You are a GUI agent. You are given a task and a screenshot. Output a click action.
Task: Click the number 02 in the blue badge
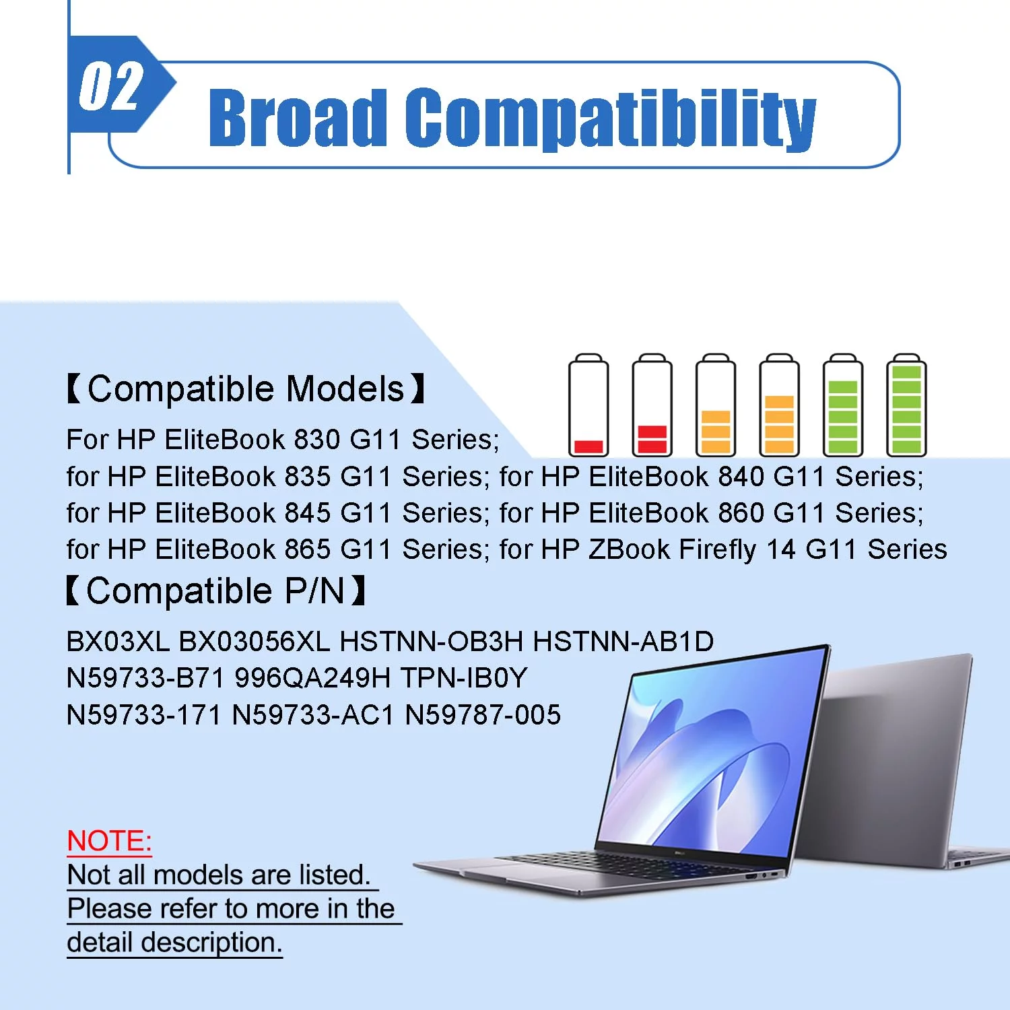pos(112,86)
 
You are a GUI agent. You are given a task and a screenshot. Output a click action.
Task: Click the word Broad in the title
pos(298,118)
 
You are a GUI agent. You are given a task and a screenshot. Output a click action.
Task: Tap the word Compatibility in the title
pos(611,119)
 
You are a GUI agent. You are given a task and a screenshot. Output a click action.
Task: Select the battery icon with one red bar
pos(588,405)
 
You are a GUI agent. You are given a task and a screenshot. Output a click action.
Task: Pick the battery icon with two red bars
pos(652,405)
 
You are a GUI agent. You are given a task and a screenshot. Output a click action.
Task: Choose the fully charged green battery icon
pos(906,405)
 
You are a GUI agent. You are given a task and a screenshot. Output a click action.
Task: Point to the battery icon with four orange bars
pos(779,405)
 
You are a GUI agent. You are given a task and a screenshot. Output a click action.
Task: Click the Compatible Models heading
pos(246,389)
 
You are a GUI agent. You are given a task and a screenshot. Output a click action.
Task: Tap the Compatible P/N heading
pos(216,591)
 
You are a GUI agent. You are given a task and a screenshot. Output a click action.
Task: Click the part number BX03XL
pos(118,642)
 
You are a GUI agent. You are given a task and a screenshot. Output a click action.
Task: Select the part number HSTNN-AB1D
pos(624,642)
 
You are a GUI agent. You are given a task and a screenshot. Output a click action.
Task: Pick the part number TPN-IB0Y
pos(464,678)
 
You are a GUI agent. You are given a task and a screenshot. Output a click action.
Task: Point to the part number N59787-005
pos(483,715)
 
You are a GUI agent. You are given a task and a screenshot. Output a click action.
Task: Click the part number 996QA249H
pos(312,678)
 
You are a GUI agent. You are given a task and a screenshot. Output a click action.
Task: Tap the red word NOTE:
pos(110,841)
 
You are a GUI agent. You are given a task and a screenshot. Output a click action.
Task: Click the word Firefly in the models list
pos(718,550)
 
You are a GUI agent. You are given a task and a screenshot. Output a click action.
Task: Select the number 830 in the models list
pos(317,440)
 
